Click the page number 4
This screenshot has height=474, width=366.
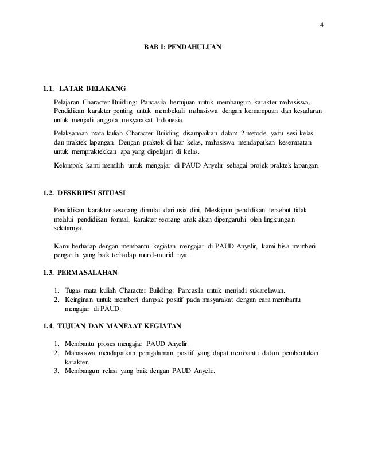tap(322, 25)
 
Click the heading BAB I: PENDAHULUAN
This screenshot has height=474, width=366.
tap(182, 44)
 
